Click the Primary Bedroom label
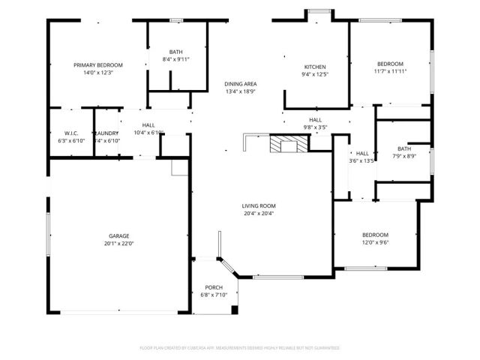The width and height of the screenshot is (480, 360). click(98, 65)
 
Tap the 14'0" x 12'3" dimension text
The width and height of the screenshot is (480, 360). click(98, 73)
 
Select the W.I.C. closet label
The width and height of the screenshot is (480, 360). click(71, 133)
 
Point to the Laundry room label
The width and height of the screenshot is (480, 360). click(107, 133)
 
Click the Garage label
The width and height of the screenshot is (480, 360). click(119, 235)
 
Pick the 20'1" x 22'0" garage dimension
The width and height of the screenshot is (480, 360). click(119, 243)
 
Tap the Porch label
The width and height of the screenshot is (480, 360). click(214, 287)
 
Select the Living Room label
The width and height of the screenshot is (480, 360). click(259, 206)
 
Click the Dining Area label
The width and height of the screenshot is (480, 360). click(241, 84)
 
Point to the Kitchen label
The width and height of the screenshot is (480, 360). click(314, 67)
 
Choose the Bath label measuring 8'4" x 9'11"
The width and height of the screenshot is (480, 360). click(176, 51)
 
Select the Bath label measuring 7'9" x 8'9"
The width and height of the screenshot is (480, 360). click(404, 148)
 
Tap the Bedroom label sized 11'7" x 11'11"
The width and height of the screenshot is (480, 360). click(390, 64)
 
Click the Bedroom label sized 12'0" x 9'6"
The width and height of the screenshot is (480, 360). click(376, 235)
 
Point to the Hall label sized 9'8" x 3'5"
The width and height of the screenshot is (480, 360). click(315, 120)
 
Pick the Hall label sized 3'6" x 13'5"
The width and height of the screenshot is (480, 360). click(362, 153)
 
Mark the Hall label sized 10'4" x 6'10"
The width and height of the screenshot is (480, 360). click(148, 125)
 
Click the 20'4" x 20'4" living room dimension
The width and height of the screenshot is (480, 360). click(259, 214)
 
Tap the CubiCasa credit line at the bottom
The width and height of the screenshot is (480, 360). click(240, 348)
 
